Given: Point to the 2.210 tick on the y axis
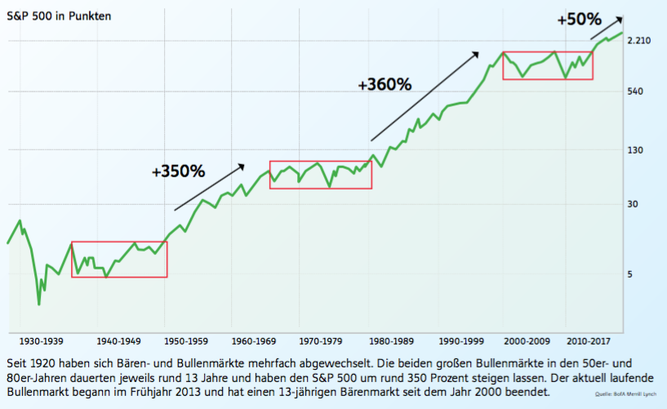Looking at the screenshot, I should (x=643, y=40).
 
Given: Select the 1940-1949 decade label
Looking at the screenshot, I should (x=118, y=340).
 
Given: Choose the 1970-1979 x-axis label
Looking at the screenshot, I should (x=325, y=340).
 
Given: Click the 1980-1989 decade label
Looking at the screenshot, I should (x=393, y=340).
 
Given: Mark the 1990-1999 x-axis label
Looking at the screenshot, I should (x=464, y=340).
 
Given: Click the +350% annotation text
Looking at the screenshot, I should (x=178, y=172).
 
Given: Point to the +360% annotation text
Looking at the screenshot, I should (x=385, y=84).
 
